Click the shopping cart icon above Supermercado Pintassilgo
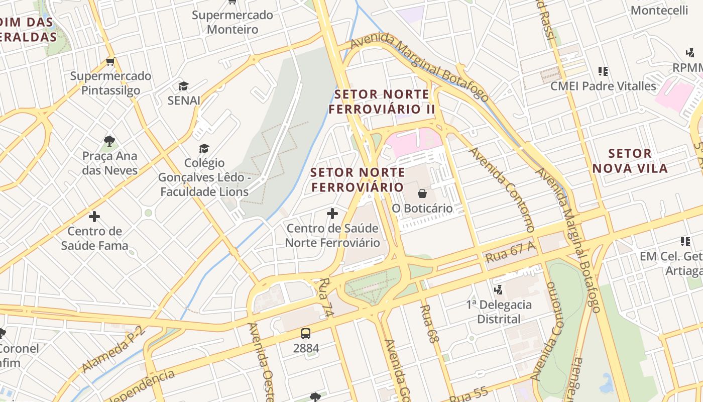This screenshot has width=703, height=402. click(110, 62)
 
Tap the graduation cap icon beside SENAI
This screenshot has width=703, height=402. click(183, 86)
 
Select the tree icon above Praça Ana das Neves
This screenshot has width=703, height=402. click(109, 141)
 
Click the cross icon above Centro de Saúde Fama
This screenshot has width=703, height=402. click(94, 217)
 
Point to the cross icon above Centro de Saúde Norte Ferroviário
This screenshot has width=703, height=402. click(332, 214)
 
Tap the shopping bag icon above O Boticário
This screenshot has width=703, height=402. click(422, 193)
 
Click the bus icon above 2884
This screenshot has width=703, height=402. click(305, 333)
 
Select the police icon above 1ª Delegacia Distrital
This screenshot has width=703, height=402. click(499, 289)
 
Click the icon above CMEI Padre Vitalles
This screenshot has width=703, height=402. click(603, 71)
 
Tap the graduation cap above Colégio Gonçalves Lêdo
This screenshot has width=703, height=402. click(204, 148)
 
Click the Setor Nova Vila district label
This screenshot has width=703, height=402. click(630, 161)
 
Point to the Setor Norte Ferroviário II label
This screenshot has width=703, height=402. click(382, 102)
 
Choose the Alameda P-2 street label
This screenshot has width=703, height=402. click(113, 349)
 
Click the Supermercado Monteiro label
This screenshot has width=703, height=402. click(232, 22)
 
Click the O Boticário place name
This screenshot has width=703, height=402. click(422, 208)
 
